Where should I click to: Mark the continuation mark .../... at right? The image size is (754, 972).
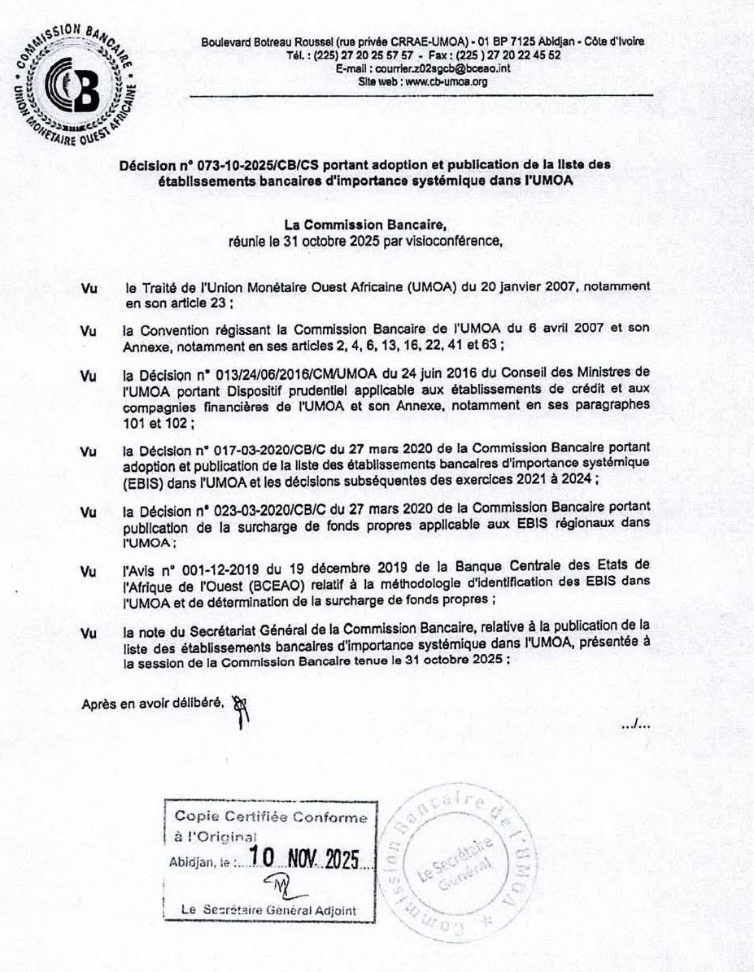coord(635,723)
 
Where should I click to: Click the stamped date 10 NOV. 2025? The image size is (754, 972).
coord(307,858)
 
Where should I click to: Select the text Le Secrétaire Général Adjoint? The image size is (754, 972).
coord(269,910)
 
